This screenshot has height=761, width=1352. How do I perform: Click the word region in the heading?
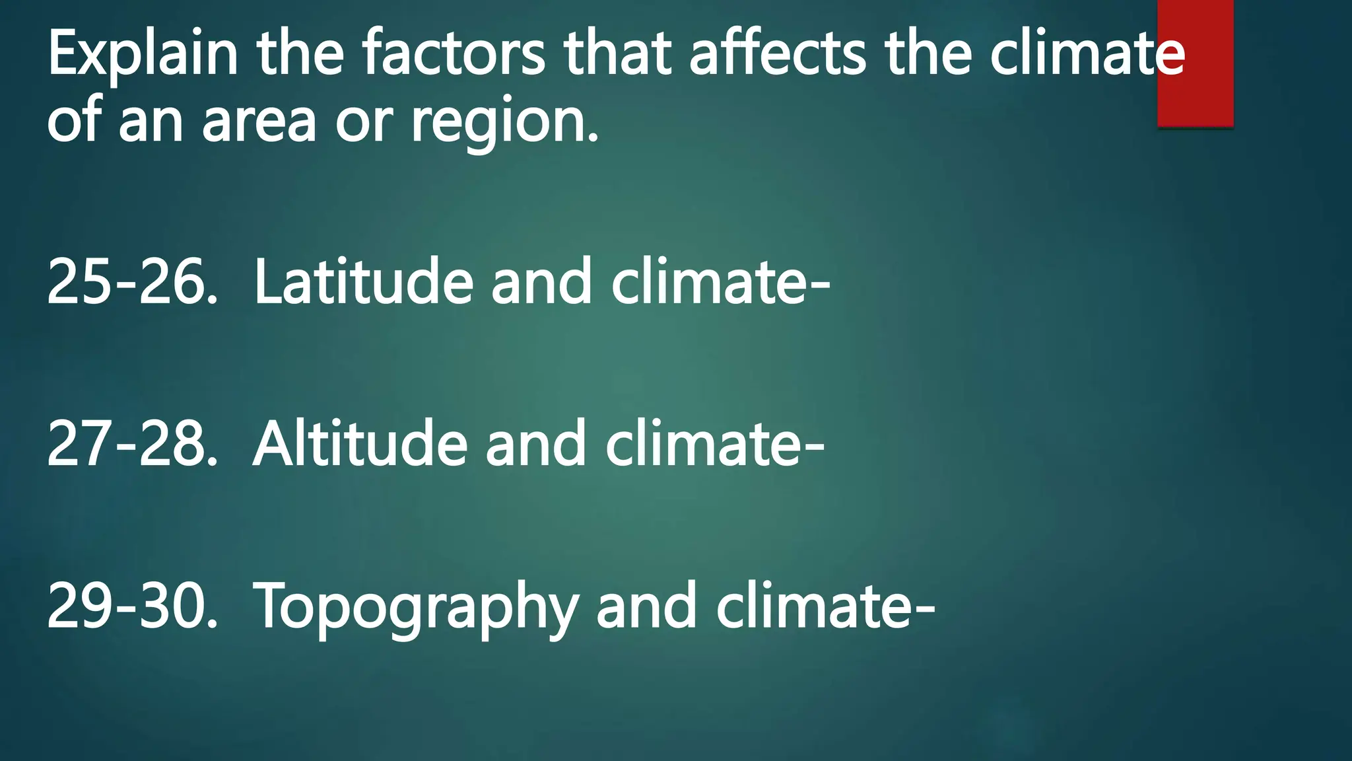(x=504, y=123)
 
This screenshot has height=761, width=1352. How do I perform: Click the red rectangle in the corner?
(x=1195, y=63)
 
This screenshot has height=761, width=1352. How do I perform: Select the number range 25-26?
(x=132, y=282)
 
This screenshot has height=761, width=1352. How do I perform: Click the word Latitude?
(x=364, y=282)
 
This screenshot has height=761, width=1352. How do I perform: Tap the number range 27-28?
(x=132, y=444)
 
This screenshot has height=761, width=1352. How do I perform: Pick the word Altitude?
(x=360, y=444)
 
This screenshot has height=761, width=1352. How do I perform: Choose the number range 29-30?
(x=132, y=606)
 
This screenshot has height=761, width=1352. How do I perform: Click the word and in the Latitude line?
(x=541, y=282)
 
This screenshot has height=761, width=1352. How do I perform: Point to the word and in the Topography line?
(x=647, y=606)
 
